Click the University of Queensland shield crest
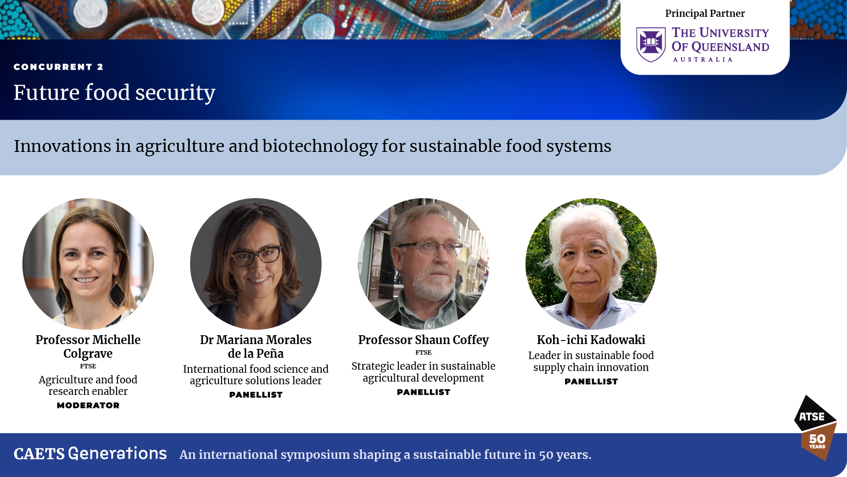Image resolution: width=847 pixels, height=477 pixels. click(x=651, y=44)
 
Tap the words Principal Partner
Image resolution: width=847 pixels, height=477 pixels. click(x=705, y=13)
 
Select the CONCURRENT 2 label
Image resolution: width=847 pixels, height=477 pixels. click(x=58, y=67)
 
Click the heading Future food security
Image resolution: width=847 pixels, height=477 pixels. click(x=114, y=93)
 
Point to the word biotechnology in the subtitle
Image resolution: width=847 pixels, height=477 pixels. click(x=320, y=147)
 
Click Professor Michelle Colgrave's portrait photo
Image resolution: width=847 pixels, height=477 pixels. click(x=88, y=264)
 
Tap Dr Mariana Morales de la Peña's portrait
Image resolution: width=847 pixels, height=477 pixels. click(x=256, y=264)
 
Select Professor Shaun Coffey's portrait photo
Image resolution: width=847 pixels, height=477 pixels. click(x=423, y=264)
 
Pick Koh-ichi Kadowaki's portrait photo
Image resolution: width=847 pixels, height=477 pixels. click(x=591, y=264)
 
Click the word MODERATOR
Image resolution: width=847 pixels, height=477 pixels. click(x=88, y=405)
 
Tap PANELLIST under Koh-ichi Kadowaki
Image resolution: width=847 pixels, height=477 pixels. click(x=591, y=382)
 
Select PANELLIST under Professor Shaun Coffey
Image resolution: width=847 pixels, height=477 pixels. click(x=423, y=392)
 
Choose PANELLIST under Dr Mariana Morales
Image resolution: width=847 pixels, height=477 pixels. click(x=256, y=395)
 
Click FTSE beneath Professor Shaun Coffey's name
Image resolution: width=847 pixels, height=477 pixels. click(x=423, y=352)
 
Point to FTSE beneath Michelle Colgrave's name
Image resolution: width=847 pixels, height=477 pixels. click(x=88, y=366)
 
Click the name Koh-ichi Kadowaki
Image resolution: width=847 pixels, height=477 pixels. click(x=591, y=340)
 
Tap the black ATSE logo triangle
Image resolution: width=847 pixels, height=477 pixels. click(x=814, y=414)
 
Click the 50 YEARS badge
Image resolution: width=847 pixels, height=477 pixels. click(x=818, y=442)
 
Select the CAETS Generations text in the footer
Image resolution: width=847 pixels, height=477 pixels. click(x=90, y=454)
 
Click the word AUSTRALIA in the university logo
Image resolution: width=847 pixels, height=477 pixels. click(x=703, y=60)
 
